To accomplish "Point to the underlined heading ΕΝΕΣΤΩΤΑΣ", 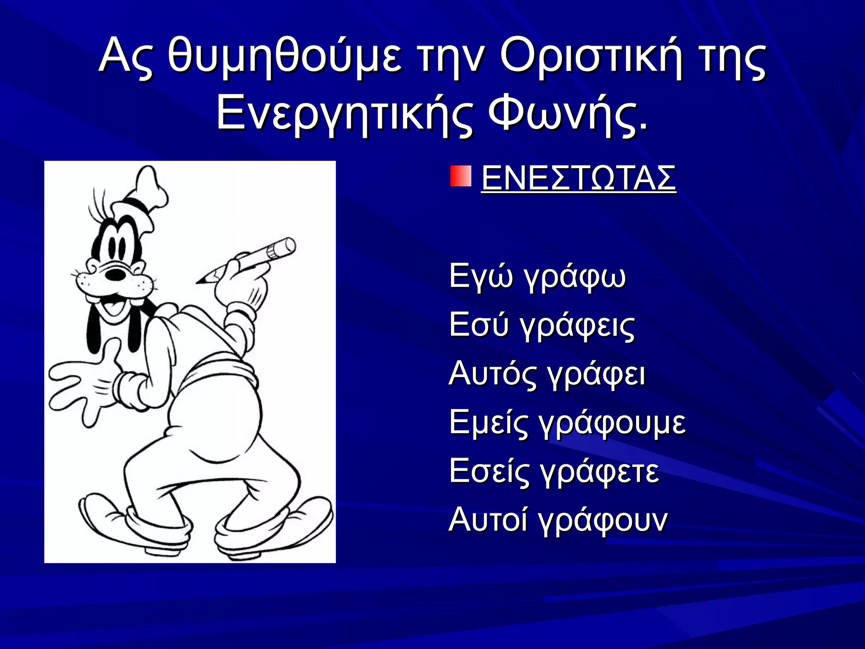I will click(x=578, y=178).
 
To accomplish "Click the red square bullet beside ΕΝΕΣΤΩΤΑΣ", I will click(x=460, y=176).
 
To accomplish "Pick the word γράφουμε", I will click(x=613, y=423).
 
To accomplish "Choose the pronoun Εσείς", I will click(x=489, y=471).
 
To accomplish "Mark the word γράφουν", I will click(x=604, y=520).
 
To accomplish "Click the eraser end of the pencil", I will click(x=287, y=245).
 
